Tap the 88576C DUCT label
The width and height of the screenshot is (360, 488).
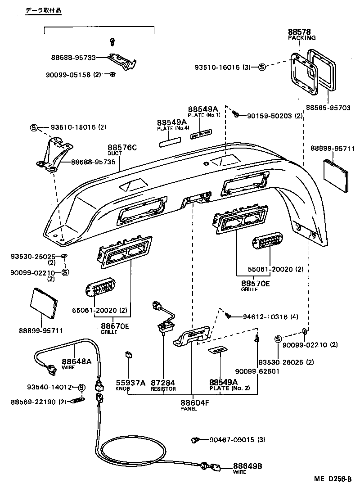pos(122,148)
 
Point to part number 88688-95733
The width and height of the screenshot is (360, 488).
pos(73,58)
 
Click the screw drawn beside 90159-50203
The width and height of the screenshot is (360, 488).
pos(236,116)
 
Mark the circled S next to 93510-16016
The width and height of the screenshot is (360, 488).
pos(261,67)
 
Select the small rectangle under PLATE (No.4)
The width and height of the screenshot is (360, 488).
pos(169,142)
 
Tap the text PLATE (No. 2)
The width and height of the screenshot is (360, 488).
pos(229,388)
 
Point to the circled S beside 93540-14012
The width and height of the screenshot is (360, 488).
pos(81,387)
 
